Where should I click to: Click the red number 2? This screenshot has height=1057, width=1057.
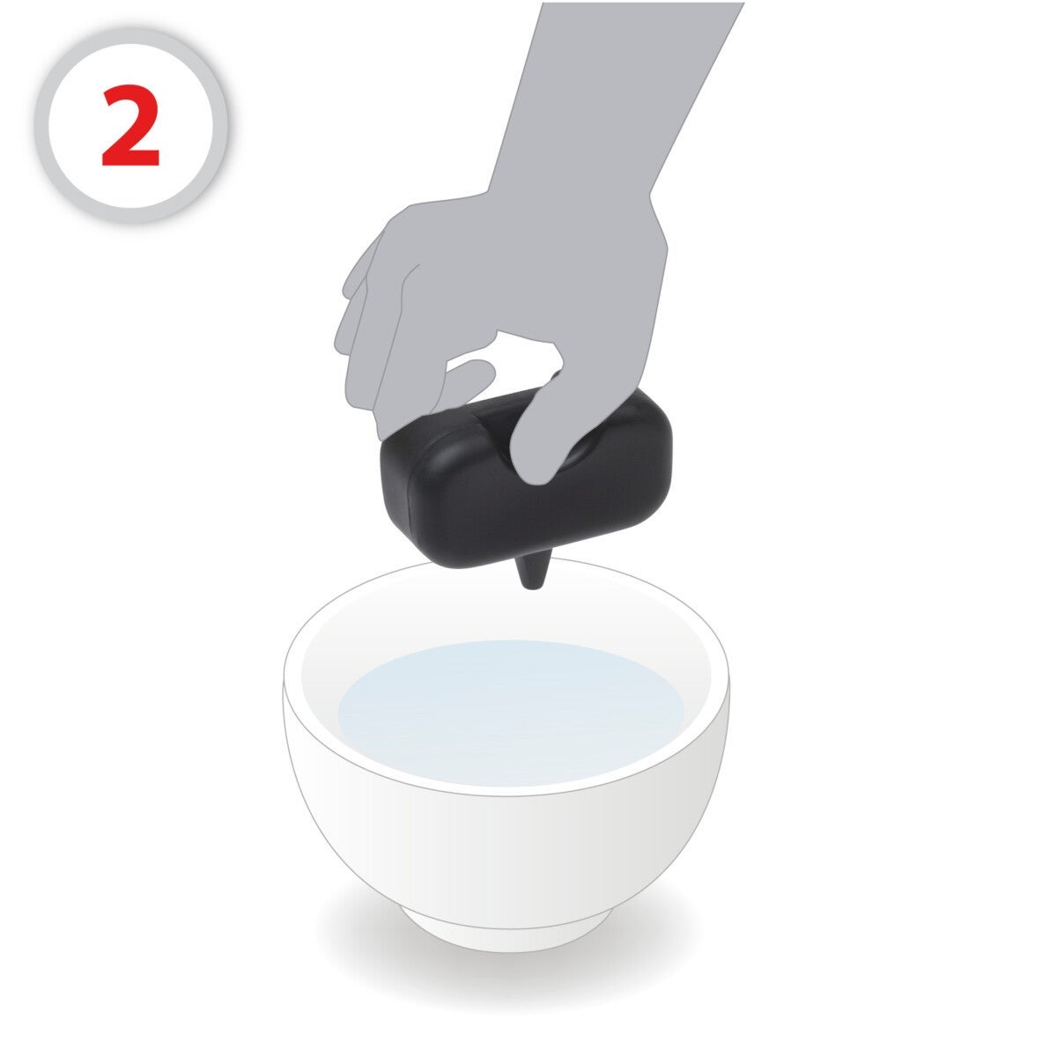pyautogui.click(x=130, y=125)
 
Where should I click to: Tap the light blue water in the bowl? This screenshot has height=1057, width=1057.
pyautogui.click(x=510, y=713)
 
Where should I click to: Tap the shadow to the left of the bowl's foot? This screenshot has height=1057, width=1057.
pyautogui.click(x=357, y=933)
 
